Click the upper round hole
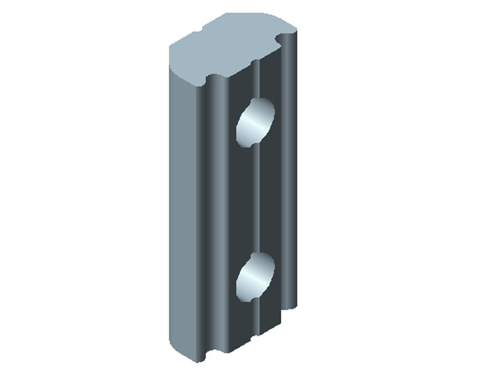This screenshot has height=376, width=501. tap(255, 121)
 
